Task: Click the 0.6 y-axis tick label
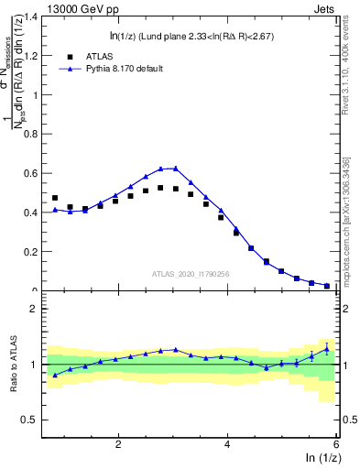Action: point(34,173)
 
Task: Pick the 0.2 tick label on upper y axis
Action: point(34,252)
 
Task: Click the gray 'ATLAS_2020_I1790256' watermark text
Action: point(190,273)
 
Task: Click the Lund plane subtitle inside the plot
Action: point(191,36)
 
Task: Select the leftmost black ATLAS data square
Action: point(55,198)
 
